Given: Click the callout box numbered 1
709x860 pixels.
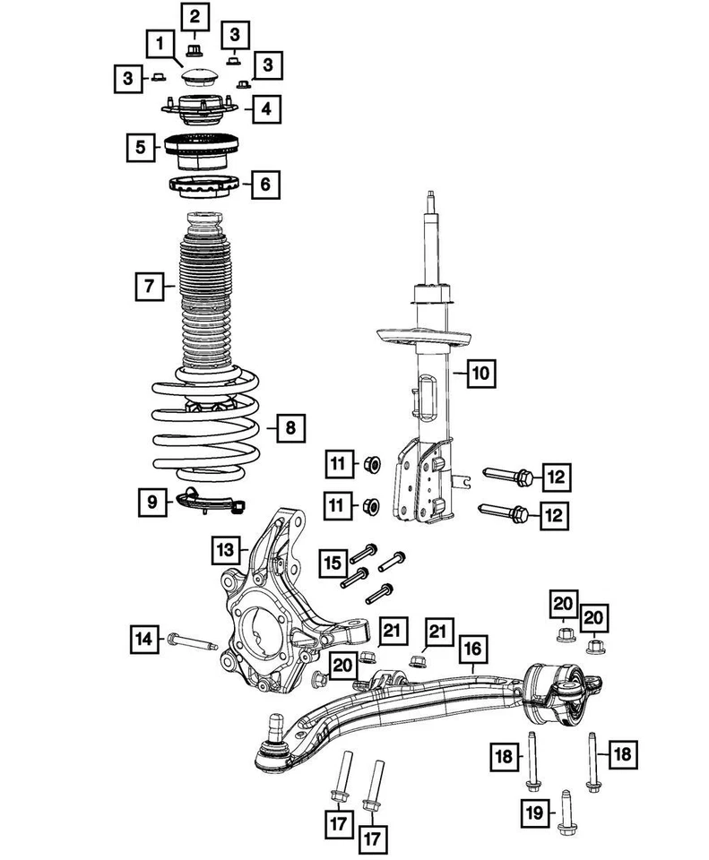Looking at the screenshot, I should coord(160,42).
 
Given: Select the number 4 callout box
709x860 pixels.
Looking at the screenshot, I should coord(265,109).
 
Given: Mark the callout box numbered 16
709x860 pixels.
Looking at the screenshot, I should coord(473,648).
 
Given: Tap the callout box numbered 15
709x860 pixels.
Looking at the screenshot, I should coord(333,563).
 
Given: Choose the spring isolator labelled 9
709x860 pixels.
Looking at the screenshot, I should coord(208,501).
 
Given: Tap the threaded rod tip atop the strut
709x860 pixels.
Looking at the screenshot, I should coord(432,196).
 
